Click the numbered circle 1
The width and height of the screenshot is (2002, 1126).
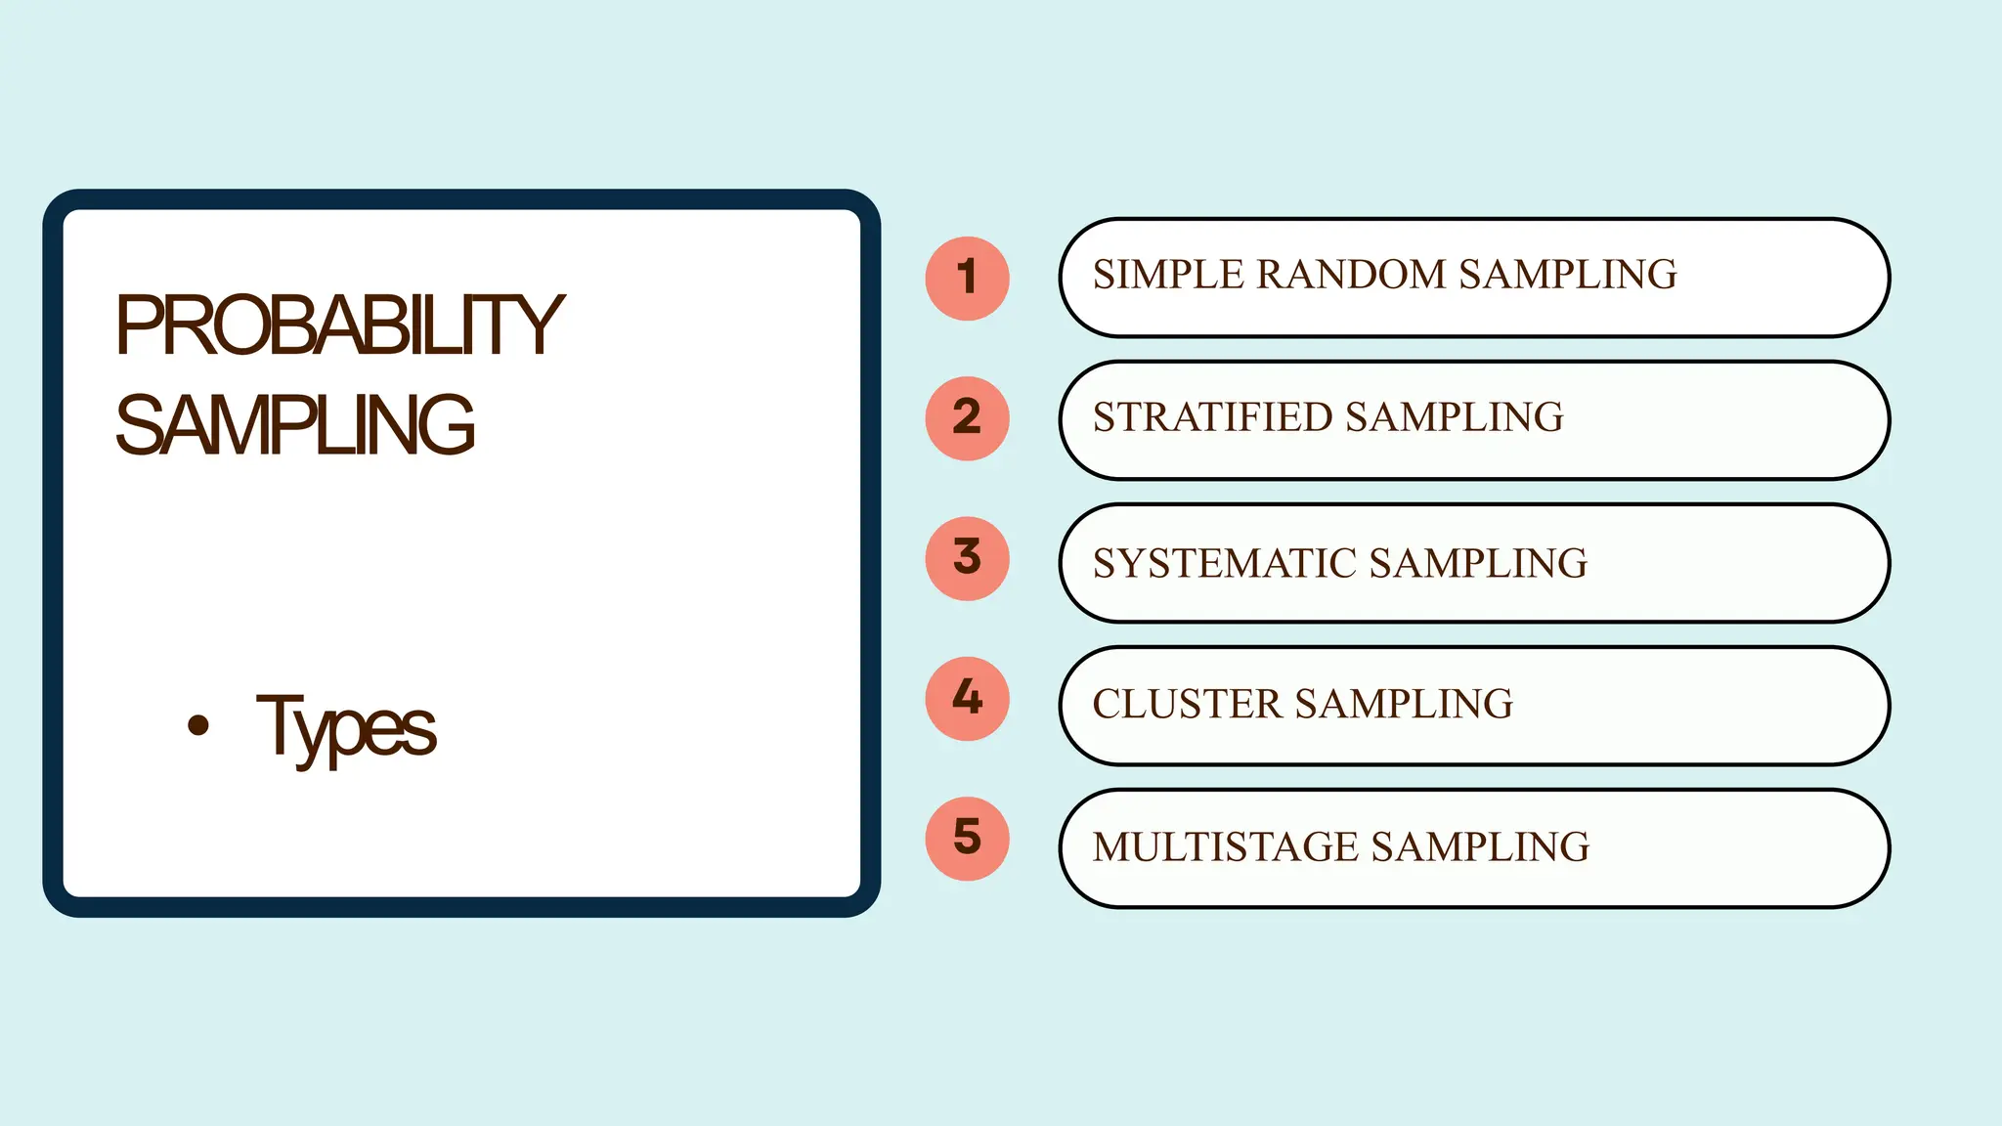(967, 279)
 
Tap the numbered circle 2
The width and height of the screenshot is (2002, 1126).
(967, 418)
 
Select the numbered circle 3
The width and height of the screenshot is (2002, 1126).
(967, 558)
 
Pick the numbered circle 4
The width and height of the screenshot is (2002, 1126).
(967, 698)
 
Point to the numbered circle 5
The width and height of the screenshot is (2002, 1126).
(967, 839)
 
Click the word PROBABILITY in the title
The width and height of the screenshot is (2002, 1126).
(339, 325)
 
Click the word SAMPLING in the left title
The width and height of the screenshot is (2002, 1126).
(294, 425)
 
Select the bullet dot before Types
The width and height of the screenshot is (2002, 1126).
(198, 724)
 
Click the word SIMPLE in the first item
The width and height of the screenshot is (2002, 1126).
(1167, 275)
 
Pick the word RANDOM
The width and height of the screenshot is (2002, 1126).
(1350, 275)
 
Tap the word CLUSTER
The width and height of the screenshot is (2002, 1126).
(1187, 704)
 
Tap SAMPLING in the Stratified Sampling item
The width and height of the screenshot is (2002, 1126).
(1455, 417)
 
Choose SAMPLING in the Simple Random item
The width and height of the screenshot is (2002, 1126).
(1568, 275)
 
